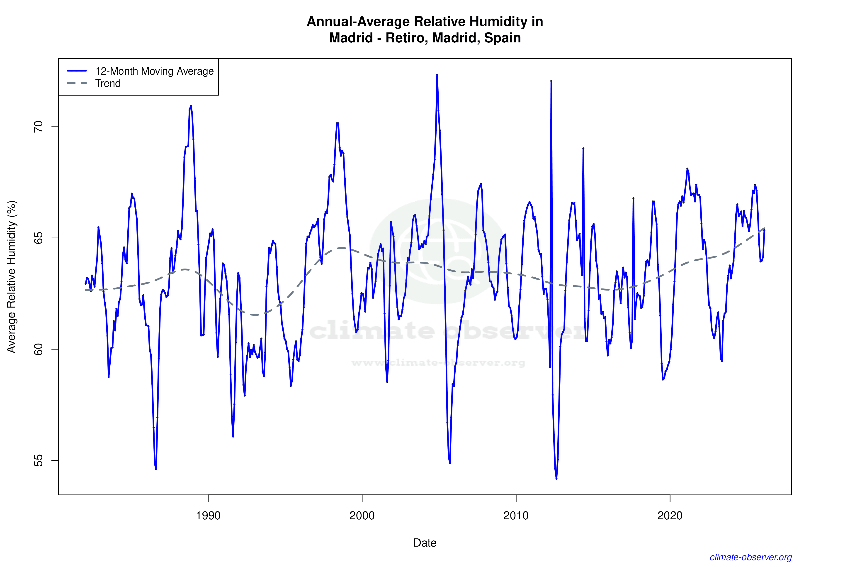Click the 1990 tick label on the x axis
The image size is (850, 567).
[208, 516]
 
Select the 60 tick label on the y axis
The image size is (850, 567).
[38, 349]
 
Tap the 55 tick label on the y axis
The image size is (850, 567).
[38, 460]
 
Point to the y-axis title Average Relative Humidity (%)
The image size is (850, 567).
[12, 277]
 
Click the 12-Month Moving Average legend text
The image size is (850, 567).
[154, 71]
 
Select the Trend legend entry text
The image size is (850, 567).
[108, 83]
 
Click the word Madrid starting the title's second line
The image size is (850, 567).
[351, 38]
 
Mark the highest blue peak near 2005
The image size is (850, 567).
[437, 75]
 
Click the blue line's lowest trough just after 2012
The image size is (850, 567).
[556, 478]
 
